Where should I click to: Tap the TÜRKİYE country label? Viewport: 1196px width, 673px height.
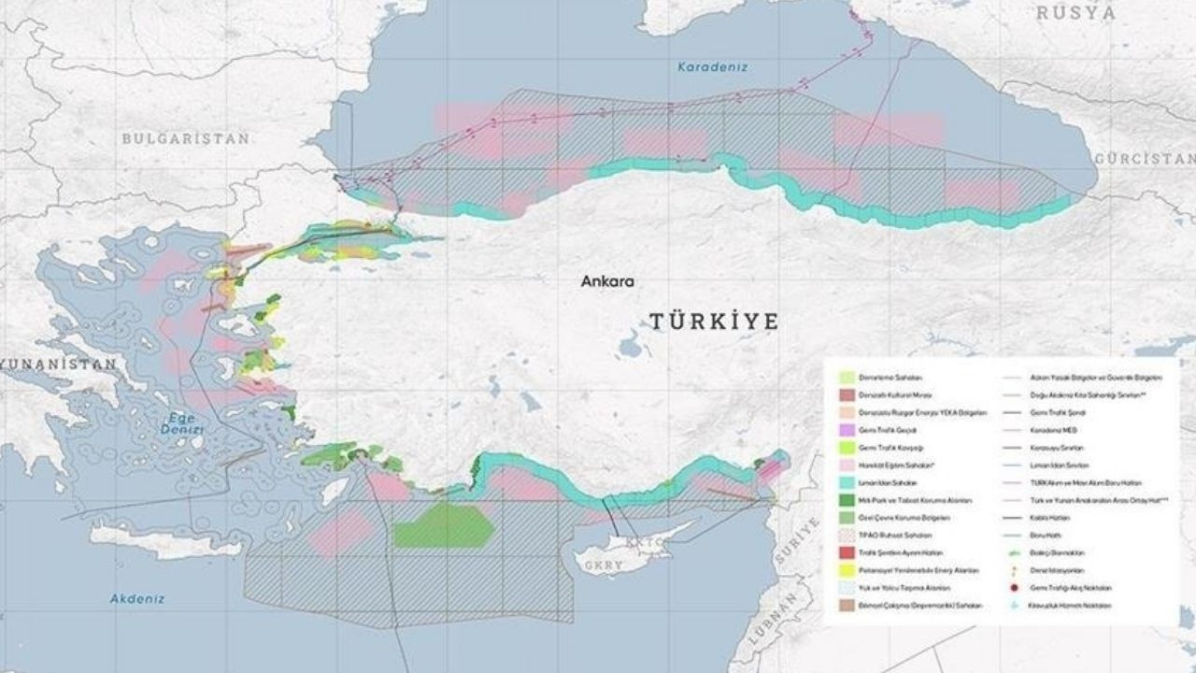[x=714, y=322]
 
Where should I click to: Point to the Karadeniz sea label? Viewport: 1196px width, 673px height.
[x=713, y=67]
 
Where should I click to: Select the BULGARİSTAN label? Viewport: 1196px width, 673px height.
[x=186, y=138]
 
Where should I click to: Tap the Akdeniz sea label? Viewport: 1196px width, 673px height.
[x=137, y=598]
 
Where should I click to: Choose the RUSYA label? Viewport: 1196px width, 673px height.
[x=1075, y=13]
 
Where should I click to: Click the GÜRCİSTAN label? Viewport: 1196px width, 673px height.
[x=1145, y=159]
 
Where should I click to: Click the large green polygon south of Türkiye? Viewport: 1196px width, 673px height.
[x=443, y=526]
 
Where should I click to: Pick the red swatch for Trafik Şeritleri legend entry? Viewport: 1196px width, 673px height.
[x=847, y=552]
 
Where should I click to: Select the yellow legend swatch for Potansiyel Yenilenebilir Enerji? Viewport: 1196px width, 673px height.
[x=847, y=570]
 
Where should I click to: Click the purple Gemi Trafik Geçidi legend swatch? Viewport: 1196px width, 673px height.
[x=847, y=430]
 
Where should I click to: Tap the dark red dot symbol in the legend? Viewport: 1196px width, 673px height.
[x=1015, y=588]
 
